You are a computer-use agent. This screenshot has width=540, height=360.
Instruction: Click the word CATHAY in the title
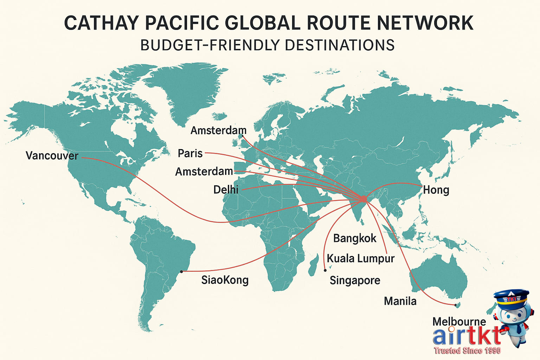click(102, 23)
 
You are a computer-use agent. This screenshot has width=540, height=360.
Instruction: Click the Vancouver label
click(52, 155)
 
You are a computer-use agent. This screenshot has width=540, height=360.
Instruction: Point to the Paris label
click(190, 153)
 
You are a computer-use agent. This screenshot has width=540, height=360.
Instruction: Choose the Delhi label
click(226, 190)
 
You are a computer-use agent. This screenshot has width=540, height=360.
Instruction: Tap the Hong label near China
click(436, 190)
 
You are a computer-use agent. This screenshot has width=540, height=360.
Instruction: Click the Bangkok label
click(355, 238)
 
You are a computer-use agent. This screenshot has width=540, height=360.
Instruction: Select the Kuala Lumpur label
click(361, 258)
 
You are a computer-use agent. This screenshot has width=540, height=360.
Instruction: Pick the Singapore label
click(355, 280)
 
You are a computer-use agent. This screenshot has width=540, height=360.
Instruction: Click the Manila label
click(400, 301)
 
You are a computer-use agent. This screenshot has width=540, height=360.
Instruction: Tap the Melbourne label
click(459, 321)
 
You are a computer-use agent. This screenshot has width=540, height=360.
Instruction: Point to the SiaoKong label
click(225, 280)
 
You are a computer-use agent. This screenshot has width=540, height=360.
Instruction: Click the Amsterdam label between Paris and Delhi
click(204, 172)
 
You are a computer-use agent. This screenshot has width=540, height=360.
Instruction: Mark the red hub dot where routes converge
click(363, 199)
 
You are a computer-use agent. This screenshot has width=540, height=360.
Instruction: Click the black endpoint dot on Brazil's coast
click(181, 271)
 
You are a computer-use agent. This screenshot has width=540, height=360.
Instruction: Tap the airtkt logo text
click(466, 336)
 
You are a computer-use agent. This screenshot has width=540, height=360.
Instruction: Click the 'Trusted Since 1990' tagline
click(467, 351)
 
